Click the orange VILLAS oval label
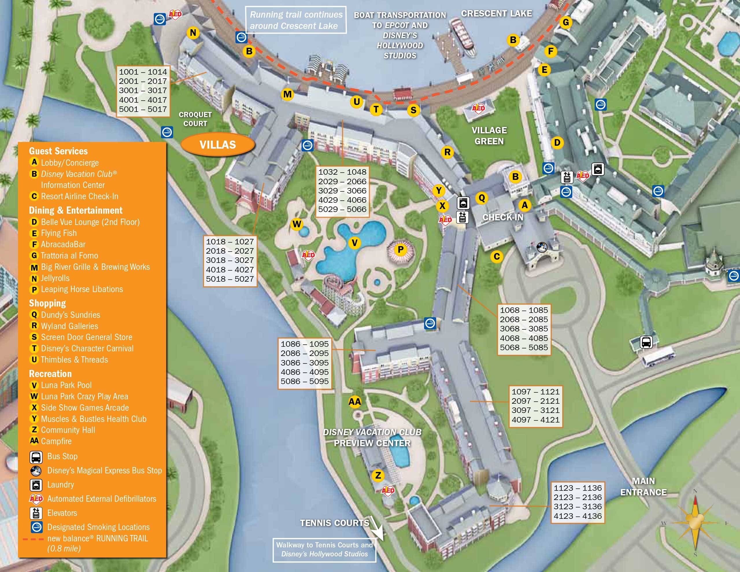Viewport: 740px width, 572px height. [x=218, y=145]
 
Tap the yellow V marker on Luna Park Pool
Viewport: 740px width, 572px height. [x=354, y=243]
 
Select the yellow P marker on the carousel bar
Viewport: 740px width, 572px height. [x=400, y=250]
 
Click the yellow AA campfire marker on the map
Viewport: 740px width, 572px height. [x=355, y=402]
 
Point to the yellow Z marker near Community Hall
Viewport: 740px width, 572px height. [x=378, y=475]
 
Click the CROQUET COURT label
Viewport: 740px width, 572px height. [x=195, y=119]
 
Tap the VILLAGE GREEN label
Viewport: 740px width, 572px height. [x=489, y=136]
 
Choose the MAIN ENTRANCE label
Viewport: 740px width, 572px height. [x=643, y=487]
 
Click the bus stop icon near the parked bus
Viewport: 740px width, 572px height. [x=646, y=342]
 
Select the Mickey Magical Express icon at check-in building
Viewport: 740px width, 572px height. [x=542, y=247]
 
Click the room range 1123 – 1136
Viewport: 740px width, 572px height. [x=578, y=488]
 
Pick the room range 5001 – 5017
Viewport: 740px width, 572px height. [x=143, y=109]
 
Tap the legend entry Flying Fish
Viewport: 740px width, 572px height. [x=59, y=233]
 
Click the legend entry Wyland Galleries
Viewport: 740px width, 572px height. [x=69, y=326]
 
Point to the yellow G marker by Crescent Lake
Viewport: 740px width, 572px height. [x=565, y=22]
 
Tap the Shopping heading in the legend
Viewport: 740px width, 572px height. [x=47, y=303]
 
